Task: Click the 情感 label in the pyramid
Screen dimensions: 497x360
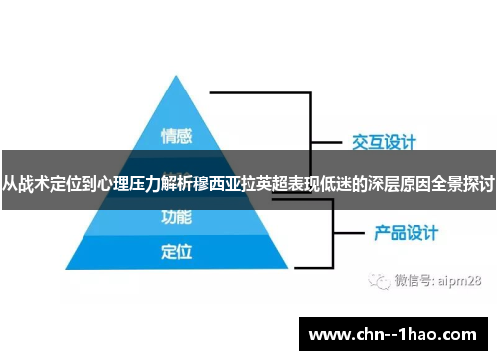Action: pos(177,134)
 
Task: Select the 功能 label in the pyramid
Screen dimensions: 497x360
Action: pos(176,216)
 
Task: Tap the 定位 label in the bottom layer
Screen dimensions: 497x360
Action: pos(176,252)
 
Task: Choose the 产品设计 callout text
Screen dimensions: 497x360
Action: pos(406,235)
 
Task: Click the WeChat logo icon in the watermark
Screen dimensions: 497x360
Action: pos(379,281)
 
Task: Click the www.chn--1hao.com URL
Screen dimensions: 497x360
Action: pos(397,332)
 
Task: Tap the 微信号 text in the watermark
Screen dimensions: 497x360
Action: pos(412,282)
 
